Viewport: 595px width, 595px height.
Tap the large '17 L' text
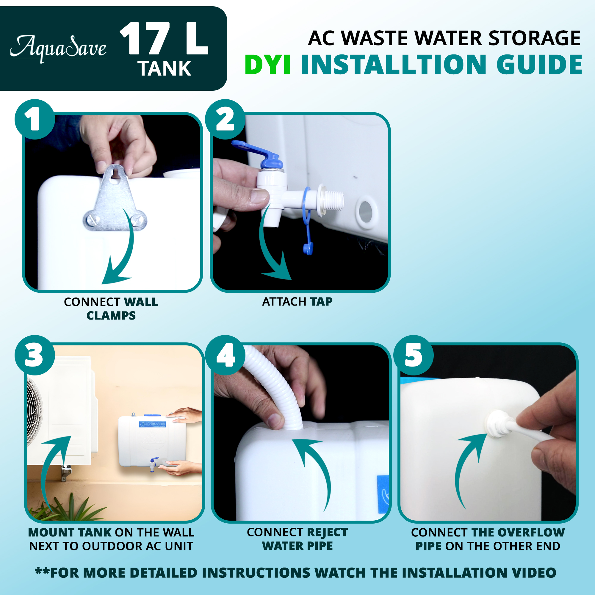pyautogui.click(x=164, y=39)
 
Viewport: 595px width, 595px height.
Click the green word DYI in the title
pyautogui.click(x=268, y=65)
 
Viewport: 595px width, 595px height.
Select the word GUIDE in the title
pyautogui.click(x=539, y=65)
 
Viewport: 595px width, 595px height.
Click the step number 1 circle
pyautogui.click(x=35, y=119)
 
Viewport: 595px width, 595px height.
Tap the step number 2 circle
pyautogui.click(x=225, y=119)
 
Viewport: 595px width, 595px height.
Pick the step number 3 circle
pyautogui.click(x=35, y=355)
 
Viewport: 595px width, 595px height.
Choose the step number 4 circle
pyautogui.click(x=225, y=355)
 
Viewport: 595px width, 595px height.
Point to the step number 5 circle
pyautogui.click(x=414, y=355)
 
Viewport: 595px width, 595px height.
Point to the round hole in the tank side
pyautogui.click(x=366, y=212)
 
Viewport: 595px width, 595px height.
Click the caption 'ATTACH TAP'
pyautogui.click(x=297, y=302)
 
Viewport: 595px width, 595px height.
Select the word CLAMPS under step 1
pyautogui.click(x=111, y=316)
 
